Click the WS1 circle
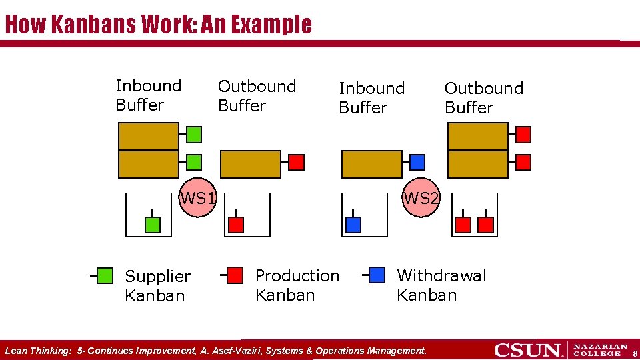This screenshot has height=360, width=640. tap(199, 198)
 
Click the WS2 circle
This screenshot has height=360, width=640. tap(421, 198)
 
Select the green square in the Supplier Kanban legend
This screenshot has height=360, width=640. tap(105, 275)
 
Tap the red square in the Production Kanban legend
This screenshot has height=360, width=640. tap(235, 275)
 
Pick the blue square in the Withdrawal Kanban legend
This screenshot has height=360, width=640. tap(377, 275)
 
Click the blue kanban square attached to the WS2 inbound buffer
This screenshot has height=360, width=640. tap(417, 162)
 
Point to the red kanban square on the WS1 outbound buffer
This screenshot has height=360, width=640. tap(296, 162)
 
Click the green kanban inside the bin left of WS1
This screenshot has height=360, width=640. tap(153, 225)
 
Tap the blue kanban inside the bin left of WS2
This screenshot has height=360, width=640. tap(353, 225)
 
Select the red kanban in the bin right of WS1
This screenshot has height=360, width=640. tap(236, 225)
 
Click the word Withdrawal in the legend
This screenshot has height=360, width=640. tap(441, 275)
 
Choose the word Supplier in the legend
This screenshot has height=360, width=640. tap(157, 276)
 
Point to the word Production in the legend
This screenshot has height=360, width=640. tap(297, 275)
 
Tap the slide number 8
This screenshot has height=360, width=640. tap(635, 353)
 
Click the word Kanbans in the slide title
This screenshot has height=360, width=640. tap(94, 25)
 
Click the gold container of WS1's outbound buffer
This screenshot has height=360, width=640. tap(251, 164)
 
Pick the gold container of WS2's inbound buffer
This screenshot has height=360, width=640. tap(371, 164)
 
